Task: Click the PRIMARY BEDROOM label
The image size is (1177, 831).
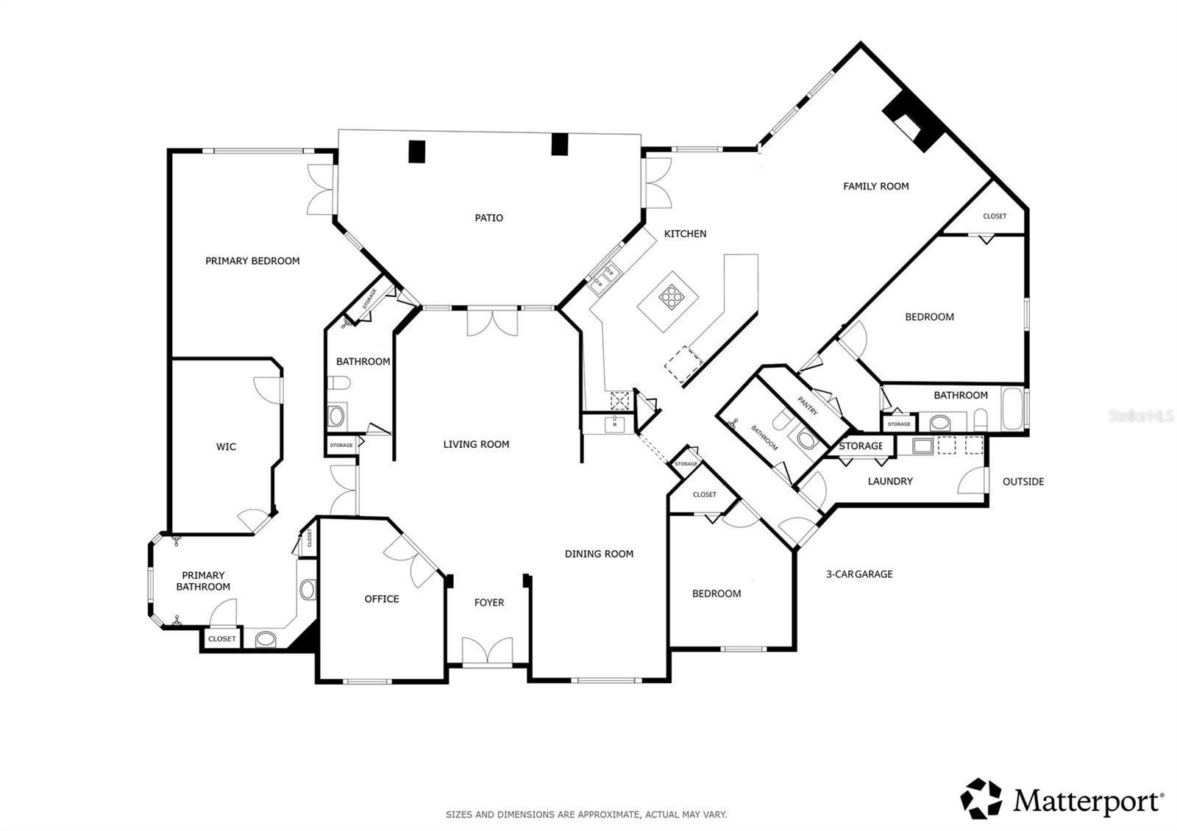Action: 252,261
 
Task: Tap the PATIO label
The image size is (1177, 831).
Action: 488,218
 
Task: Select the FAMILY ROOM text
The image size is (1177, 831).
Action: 876,187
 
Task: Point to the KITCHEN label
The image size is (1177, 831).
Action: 685,234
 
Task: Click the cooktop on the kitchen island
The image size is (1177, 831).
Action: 671,296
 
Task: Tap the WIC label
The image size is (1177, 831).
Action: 226,447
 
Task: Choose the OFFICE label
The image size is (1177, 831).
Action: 382,599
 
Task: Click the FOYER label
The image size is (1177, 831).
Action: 489,602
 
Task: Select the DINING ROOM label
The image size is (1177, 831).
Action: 599,554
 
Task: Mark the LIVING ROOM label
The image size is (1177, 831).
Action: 476,444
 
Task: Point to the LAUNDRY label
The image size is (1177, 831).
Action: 890,481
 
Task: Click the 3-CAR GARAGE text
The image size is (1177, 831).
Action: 859,574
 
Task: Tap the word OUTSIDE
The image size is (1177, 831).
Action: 1023,482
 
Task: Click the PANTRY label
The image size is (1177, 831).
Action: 807,405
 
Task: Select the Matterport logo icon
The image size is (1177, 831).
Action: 981,799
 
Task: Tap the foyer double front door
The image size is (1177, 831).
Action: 487,652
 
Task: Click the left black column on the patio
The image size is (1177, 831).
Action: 416,151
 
